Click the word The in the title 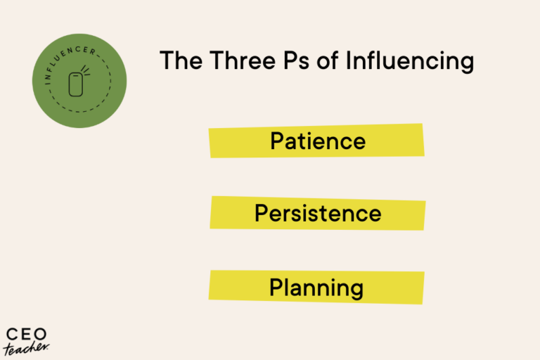tap(181, 60)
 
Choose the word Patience tap(318, 141)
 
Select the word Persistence tap(318, 213)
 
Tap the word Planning tap(316, 287)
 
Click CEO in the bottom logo tap(22, 333)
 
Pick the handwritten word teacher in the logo tap(27, 347)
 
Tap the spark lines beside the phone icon tap(86, 71)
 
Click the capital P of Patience tap(277, 141)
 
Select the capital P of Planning tap(276, 287)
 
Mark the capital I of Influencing tap(347, 60)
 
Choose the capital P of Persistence tap(262, 213)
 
